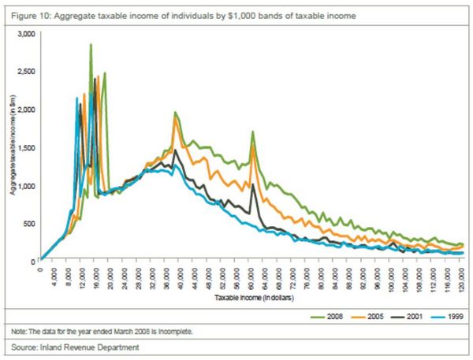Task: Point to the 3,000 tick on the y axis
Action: tap(26, 35)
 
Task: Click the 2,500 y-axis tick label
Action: tap(26, 72)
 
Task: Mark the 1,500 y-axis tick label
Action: tap(26, 147)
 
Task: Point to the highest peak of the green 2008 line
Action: tap(91, 45)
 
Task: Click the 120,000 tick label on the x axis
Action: tap(460, 276)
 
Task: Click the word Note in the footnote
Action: tap(14, 332)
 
